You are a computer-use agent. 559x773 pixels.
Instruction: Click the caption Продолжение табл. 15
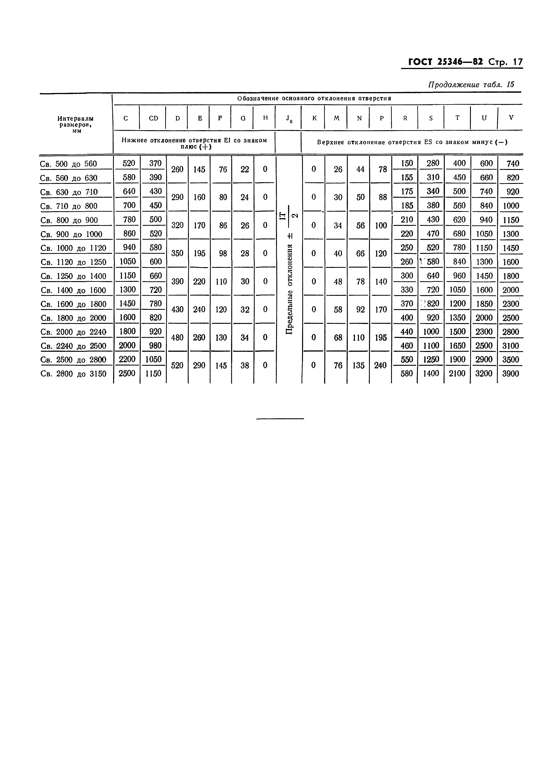471,85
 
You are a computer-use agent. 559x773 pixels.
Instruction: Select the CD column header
153,118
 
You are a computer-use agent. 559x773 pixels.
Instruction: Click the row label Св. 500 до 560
69,164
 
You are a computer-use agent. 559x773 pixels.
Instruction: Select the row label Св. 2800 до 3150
73,374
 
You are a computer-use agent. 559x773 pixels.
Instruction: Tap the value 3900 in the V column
510,374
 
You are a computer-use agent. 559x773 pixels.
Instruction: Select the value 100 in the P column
381,225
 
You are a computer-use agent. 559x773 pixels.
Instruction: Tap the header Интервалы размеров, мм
76,124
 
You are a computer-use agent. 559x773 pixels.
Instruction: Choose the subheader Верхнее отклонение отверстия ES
412,142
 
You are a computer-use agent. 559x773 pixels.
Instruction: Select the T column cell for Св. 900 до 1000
459,234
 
